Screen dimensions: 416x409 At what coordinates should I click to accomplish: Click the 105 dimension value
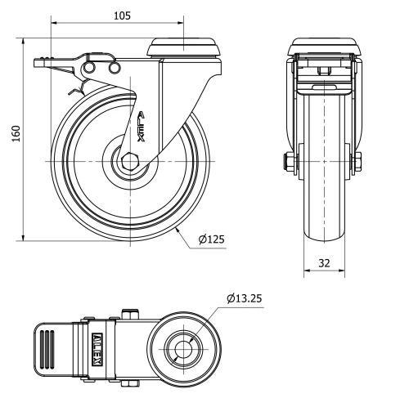pos(121,16)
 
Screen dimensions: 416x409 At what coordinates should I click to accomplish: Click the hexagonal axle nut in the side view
pos(130,161)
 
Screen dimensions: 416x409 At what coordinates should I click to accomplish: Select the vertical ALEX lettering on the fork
pos(142,127)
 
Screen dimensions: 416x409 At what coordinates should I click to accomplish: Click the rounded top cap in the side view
pos(185,47)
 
